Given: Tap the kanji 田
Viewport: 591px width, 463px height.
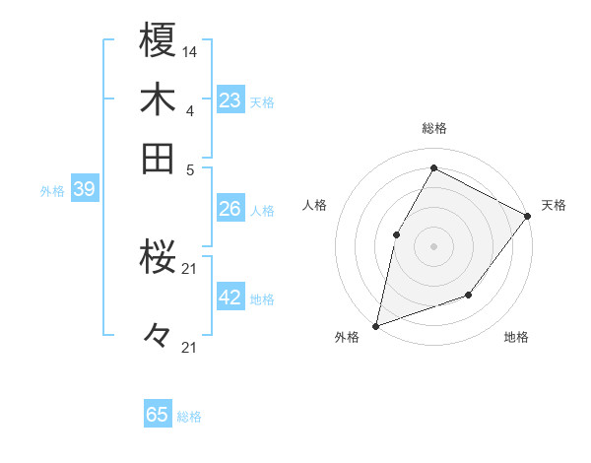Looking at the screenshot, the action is point(159,158).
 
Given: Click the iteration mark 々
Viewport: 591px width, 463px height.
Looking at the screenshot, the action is point(158,336).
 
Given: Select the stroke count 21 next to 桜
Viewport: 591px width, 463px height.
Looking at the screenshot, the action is point(190,268).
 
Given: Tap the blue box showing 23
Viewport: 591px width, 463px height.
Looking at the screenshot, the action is point(230,100).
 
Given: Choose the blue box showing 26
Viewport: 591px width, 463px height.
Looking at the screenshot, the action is point(230,209).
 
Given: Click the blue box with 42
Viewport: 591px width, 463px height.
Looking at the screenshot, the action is point(230,298).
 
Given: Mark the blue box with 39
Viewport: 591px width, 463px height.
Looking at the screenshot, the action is point(84,189).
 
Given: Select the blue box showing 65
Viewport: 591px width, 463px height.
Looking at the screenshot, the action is point(158,415).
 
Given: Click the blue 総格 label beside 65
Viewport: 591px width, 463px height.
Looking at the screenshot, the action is point(189,417).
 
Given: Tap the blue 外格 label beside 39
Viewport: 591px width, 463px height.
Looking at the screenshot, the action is point(52,191).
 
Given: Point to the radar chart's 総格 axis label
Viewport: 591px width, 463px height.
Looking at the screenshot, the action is point(433,128).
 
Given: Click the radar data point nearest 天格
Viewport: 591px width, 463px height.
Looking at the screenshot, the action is point(527,216).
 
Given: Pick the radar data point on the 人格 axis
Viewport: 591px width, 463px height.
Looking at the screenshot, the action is point(396,234).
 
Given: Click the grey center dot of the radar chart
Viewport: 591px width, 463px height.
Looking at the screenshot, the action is point(433,246).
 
